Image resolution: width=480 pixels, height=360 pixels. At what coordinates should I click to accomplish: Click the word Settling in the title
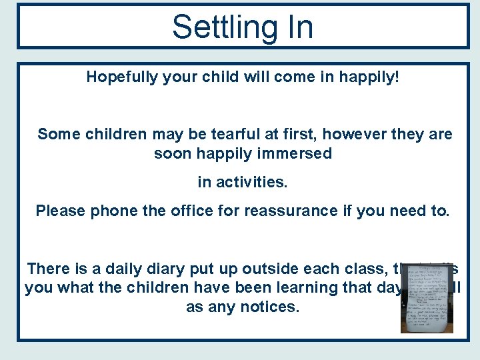[213, 28]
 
